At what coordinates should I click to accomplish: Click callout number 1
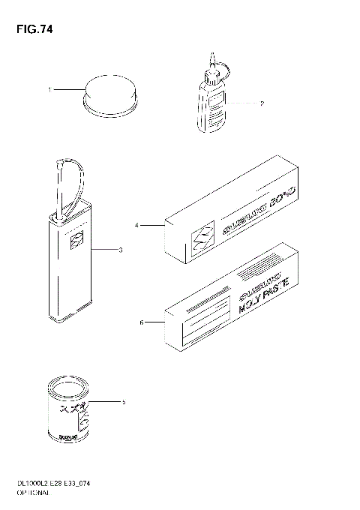[50, 90]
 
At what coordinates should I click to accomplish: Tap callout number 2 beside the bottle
[261, 103]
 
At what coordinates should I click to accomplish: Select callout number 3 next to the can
[120, 250]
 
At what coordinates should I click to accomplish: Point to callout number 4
[137, 224]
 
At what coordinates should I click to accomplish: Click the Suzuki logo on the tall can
[76, 240]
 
